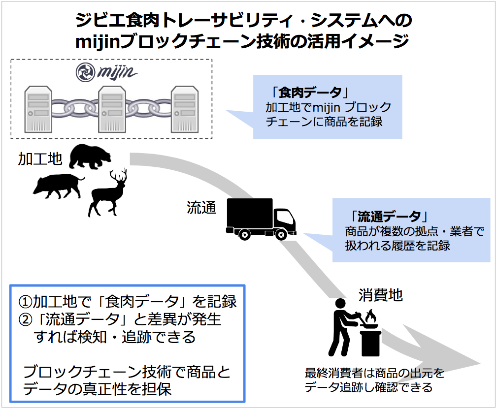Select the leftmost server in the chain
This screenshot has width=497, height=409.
point(38,109)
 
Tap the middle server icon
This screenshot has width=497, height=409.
point(112,109)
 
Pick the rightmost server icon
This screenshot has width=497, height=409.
point(184,109)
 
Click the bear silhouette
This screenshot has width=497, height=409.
point(90,157)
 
